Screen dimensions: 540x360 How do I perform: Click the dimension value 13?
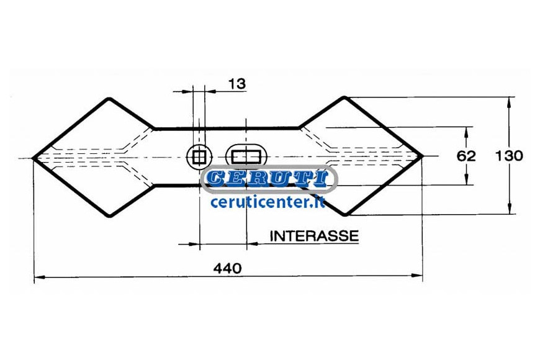[x=237, y=84]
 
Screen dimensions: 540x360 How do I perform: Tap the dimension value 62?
[x=466, y=156]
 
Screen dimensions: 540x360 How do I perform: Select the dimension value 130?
[x=509, y=156]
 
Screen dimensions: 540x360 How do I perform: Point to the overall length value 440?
[x=227, y=268]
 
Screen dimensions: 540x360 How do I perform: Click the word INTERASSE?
[x=314, y=236]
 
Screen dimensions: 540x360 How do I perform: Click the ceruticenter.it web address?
[x=268, y=202]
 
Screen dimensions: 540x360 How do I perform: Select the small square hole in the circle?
[x=199, y=157]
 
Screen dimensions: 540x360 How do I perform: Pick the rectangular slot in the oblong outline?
[x=246, y=157]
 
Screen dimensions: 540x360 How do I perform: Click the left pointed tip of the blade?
[x=33, y=158]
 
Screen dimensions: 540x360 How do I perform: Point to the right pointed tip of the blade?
[x=422, y=156]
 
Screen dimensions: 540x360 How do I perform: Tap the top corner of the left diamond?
[x=109, y=99]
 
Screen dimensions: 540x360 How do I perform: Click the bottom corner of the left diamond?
[x=109, y=216]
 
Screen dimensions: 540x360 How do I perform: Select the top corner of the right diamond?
[x=344, y=98]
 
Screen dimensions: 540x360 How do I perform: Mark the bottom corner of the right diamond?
[x=346, y=214]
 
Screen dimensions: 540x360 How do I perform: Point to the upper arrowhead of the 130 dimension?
[x=510, y=102]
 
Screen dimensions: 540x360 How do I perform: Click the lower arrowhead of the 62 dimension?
[x=466, y=179]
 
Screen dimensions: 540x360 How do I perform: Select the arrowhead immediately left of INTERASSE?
[x=253, y=243]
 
